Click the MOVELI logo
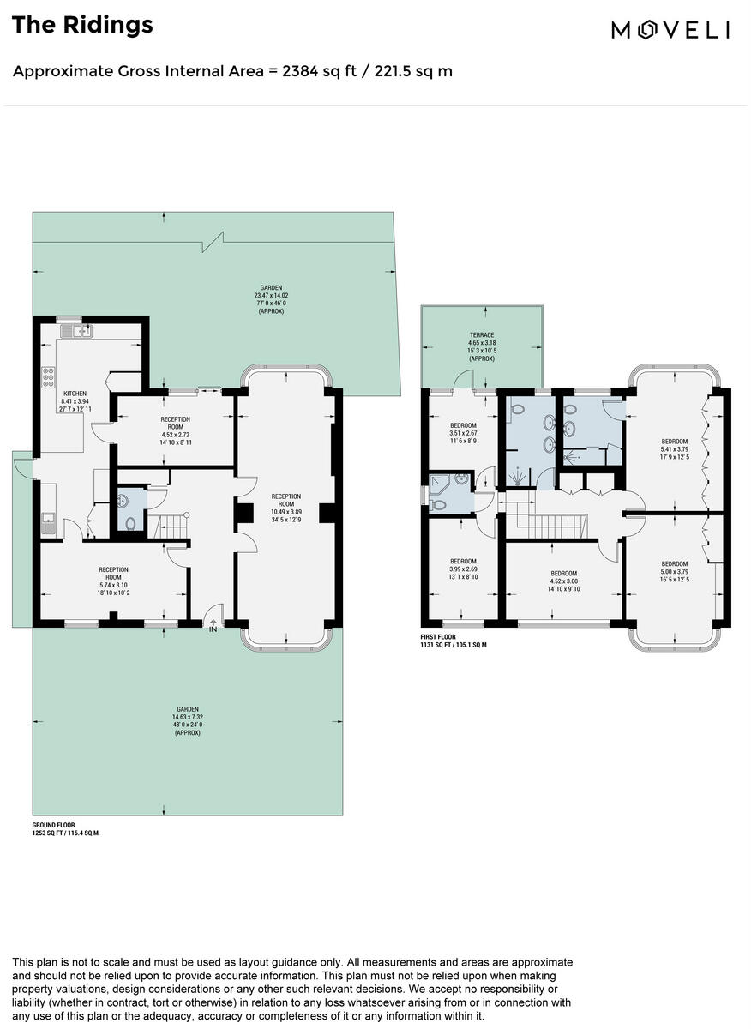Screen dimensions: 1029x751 point(670,30)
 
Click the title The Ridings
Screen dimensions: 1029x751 point(82,25)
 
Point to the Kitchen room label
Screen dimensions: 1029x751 point(75,401)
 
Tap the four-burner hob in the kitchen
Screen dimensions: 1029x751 point(49,378)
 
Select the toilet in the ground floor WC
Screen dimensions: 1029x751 point(129,522)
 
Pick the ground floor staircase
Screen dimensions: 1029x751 point(169,526)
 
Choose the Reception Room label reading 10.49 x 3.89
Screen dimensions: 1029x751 point(286,508)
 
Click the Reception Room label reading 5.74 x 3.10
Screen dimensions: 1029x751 point(113,581)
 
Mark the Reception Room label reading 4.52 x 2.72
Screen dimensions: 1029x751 point(175,431)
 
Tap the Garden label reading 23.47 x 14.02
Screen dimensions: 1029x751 point(271,299)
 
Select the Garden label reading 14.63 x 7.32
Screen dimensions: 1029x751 point(188,721)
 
